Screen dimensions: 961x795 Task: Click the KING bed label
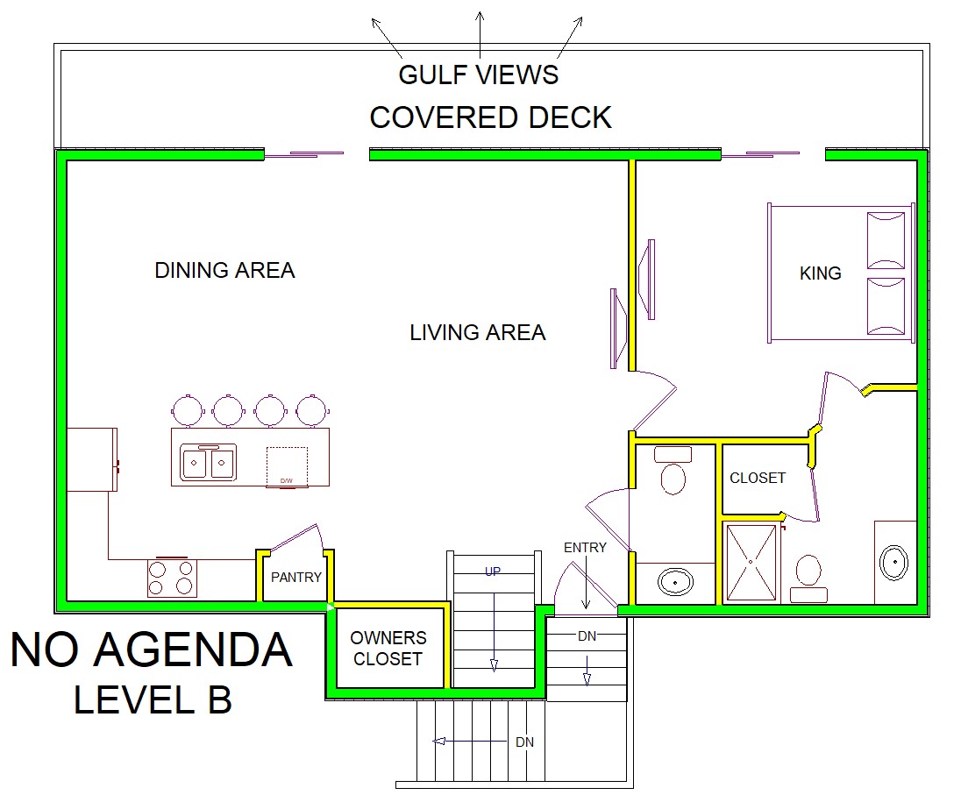pos(820,273)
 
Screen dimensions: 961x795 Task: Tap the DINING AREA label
pos(224,270)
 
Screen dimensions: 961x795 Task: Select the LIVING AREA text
pos(478,332)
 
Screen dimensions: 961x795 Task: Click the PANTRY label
pos(296,577)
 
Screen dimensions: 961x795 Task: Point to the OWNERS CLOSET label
pos(388,648)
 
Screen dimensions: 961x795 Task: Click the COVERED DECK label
pos(490,117)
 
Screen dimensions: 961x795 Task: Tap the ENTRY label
pos(585,548)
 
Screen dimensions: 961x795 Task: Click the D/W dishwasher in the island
pos(287,467)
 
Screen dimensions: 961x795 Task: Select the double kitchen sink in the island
pos(208,462)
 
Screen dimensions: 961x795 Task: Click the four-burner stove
pos(172,577)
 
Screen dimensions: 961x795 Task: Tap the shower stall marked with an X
pos(751,562)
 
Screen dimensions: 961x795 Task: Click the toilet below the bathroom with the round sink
pos(673,471)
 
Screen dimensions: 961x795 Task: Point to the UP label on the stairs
pos(493,571)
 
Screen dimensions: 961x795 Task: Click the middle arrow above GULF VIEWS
pos(480,34)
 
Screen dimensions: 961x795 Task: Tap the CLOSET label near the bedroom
pos(758,478)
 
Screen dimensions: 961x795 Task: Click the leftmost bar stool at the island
pos(188,409)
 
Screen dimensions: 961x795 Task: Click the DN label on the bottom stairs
pos(524,742)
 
